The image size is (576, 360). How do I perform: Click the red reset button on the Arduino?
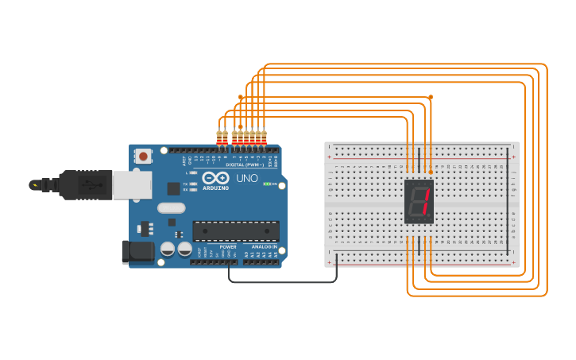tap(143, 157)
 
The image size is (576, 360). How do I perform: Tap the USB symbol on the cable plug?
tap(91, 185)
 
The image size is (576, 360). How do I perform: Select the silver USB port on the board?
tap(131, 185)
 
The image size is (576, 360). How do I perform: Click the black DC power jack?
tap(137, 252)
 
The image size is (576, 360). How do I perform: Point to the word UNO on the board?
tap(247, 178)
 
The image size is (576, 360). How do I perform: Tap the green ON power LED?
tap(268, 184)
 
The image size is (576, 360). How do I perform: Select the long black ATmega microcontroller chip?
tap(236, 231)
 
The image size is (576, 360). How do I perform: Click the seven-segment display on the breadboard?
tap(419, 202)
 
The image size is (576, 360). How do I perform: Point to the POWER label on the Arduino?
tap(228, 247)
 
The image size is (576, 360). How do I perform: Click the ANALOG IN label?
tap(265, 247)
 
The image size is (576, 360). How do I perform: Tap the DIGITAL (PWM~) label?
tap(245, 165)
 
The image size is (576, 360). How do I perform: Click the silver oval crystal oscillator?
tap(171, 208)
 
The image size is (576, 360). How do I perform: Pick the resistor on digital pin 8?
tap(225, 137)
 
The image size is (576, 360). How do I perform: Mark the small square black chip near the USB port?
tap(173, 188)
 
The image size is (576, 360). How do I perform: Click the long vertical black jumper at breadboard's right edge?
tap(508, 201)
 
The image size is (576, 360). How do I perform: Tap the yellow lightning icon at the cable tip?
tap(34, 185)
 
